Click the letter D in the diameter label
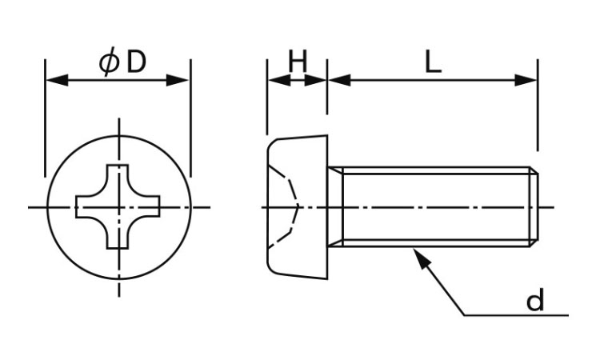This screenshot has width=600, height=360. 136,62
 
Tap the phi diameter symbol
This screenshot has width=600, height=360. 109,62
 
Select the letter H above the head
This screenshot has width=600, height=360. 298,62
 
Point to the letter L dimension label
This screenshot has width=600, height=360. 433,62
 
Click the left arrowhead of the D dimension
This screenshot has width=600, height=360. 57,80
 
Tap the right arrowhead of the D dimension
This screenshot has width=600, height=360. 178,80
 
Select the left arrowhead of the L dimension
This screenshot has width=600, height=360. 339,80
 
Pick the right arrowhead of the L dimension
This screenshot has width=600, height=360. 526,80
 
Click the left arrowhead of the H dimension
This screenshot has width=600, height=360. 279,80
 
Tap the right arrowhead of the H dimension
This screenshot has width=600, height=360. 315,80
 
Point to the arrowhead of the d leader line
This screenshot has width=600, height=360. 422,258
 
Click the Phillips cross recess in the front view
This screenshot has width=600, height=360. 118,206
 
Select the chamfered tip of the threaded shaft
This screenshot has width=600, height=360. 534,207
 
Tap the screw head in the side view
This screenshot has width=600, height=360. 297,207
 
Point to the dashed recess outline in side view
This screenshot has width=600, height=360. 284,207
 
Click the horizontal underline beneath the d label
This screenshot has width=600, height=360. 516,315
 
